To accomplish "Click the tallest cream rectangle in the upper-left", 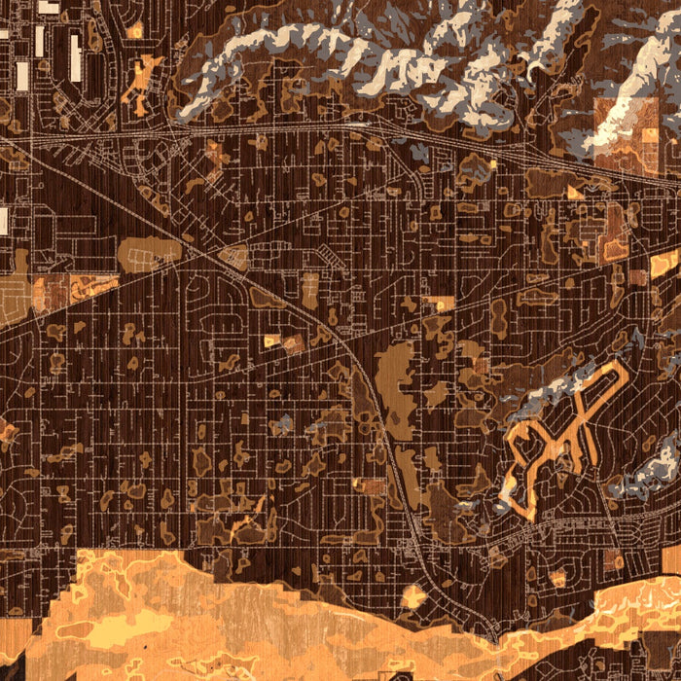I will [x=75, y=57].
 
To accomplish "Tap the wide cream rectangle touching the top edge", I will [x=48, y=6].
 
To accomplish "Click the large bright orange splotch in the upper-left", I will [x=144, y=82].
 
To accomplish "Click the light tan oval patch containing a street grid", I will [x=148, y=253].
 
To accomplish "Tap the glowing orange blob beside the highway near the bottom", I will [x=413, y=595].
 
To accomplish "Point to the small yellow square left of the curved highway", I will [x=271, y=340].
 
